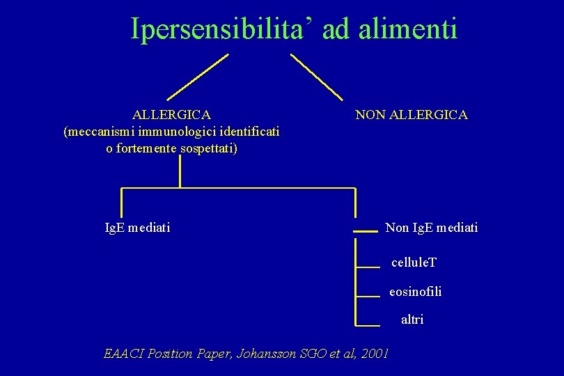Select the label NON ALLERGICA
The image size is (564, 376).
click(x=411, y=114)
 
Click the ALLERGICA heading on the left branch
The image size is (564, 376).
click(x=172, y=114)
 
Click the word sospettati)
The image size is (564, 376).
click(x=208, y=148)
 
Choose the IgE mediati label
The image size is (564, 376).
click(x=136, y=227)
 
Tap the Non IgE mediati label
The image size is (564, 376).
click(x=432, y=227)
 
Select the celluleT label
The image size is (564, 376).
click(x=414, y=263)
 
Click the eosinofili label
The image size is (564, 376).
click(x=415, y=291)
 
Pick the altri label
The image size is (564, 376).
click(x=412, y=320)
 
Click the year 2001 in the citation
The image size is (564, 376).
click(x=375, y=353)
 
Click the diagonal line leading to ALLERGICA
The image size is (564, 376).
click(x=198, y=77)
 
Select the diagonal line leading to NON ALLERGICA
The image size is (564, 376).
click(x=317, y=77)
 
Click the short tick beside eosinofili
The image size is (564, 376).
click(x=367, y=296)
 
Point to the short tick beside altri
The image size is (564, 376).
click(x=367, y=324)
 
